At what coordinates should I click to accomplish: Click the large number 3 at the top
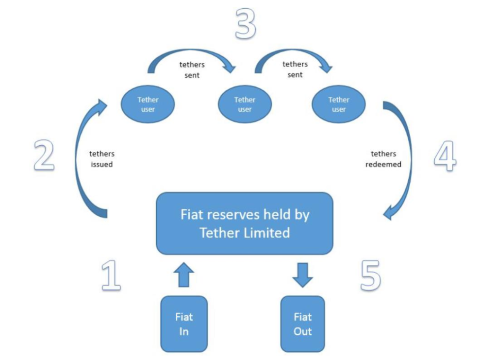(x=245, y=23)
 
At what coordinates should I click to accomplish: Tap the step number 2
(x=44, y=155)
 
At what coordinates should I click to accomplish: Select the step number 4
(x=445, y=156)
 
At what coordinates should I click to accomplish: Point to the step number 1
(x=111, y=275)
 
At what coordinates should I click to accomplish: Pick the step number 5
(x=371, y=275)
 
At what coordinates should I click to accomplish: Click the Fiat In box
(x=184, y=324)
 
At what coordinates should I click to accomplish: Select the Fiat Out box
(x=302, y=324)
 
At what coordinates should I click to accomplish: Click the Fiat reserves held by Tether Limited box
(x=245, y=223)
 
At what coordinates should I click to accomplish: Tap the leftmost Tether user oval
(x=148, y=104)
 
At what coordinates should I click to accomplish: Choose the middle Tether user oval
(x=245, y=104)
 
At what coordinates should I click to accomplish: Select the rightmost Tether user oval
(x=338, y=104)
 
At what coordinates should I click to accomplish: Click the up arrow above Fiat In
(x=184, y=274)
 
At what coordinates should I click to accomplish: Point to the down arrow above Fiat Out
(x=302, y=275)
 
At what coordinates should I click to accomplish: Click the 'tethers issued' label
(x=102, y=159)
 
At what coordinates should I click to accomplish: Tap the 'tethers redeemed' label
(x=383, y=159)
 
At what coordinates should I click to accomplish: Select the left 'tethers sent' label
(x=192, y=70)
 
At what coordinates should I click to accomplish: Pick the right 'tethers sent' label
(x=295, y=69)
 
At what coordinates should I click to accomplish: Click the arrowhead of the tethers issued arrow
(x=102, y=106)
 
